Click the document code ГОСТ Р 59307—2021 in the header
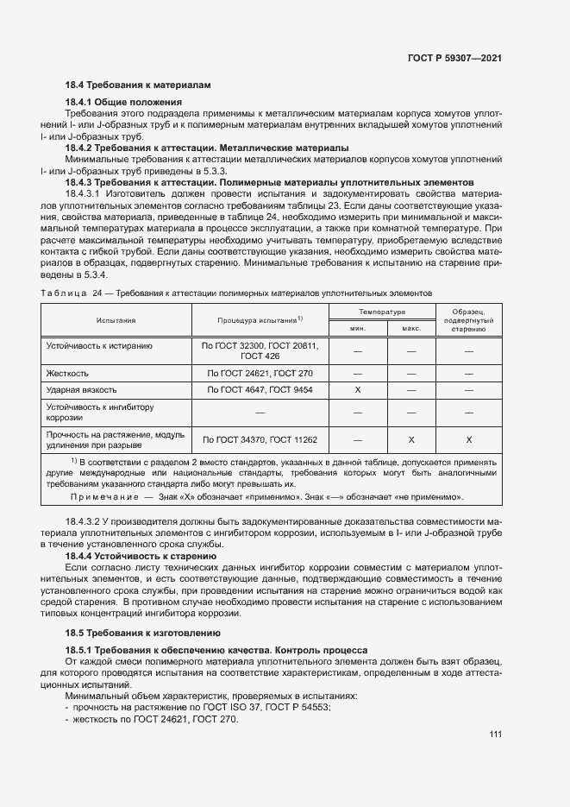pos(454,57)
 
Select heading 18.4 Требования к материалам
pos(138,85)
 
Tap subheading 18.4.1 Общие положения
pos(126,103)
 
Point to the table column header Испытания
pos(116,319)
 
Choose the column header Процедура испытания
pos(260,319)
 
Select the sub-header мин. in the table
pos(357,328)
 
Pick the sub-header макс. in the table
pos(411,328)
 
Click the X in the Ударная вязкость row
pos(357,391)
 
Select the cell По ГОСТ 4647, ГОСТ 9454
pos(260,391)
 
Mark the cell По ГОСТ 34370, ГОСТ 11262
pos(260,440)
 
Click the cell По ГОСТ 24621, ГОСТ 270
pos(260,373)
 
